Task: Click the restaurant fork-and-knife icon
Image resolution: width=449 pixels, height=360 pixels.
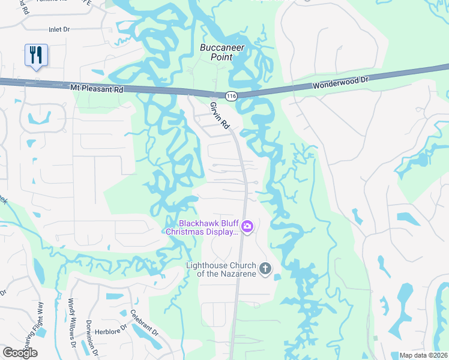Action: pyautogui.click(x=36, y=55)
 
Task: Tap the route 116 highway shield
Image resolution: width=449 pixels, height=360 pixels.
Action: pyautogui.click(x=231, y=95)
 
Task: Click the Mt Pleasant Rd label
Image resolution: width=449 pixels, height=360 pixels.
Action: pyautogui.click(x=97, y=89)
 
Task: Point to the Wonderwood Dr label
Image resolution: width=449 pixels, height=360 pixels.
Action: pyautogui.click(x=340, y=83)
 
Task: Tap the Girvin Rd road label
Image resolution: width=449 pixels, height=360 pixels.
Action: pyautogui.click(x=220, y=116)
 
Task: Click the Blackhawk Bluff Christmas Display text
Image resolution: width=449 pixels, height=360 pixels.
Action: pyautogui.click(x=202, y=227)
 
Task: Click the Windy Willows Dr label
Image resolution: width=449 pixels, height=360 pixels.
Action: pyautogui.click(x=72, y=325)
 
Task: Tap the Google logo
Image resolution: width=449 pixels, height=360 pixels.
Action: pyautogui.click(x=20, y=352)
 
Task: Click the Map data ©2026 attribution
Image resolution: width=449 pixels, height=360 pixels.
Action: pyautogui.click(x=424, y=355)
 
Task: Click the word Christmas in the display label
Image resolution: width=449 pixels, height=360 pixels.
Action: pyautogui.click(x=187, y=232)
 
